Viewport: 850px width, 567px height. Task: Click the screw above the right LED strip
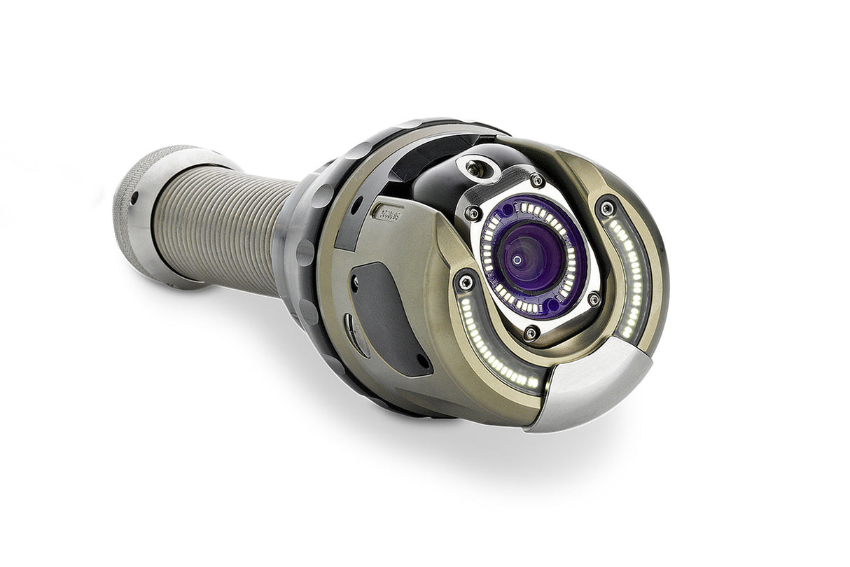[606, 208]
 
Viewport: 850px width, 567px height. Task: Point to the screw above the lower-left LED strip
[465, 283]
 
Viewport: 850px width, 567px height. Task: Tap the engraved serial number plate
[389, 211]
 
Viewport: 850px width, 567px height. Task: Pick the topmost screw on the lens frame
[536, 181]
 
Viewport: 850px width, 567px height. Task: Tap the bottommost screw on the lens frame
[531, 333]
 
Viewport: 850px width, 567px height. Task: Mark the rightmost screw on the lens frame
[594, 300]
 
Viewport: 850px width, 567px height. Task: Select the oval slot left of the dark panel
[350, 333]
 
